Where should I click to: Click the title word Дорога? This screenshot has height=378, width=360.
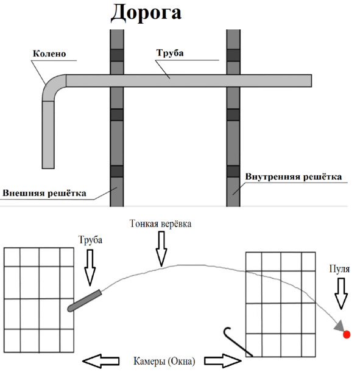point(146,13)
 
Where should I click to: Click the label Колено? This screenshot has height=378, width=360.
point(49,54)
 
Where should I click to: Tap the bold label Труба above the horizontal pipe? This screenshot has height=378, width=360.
point(170,53)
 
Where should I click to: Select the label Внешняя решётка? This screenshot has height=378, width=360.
point(44,193)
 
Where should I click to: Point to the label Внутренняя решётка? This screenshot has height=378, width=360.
point(294,177)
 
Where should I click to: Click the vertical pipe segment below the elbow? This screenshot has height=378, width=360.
point(48,135)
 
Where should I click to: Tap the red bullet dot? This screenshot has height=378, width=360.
point(347,334)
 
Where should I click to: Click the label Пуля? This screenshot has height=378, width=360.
point(339,269)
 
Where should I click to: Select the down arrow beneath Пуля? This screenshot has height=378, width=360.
point(341,293)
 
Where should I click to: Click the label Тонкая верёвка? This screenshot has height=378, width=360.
point(160,224)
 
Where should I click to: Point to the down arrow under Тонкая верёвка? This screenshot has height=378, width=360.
point(161,249)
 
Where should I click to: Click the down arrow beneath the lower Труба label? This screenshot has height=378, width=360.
point(90,268)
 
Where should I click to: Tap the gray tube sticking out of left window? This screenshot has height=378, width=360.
point(84,301)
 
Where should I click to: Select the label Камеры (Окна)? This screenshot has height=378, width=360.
point(164,362)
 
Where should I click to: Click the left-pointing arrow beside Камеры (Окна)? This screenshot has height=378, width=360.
point(101,361)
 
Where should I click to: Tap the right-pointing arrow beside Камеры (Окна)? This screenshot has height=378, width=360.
point(223,360)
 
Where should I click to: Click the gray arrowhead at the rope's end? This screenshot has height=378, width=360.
point(339,326)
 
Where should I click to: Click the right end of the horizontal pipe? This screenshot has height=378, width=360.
point(311,81)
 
